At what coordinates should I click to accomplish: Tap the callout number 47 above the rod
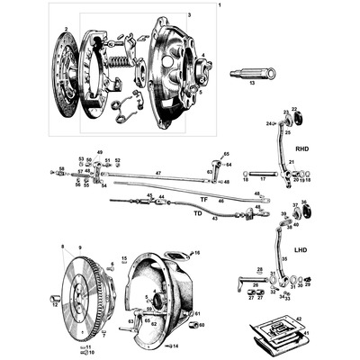157,170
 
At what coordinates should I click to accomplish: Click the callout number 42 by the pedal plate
298,318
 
